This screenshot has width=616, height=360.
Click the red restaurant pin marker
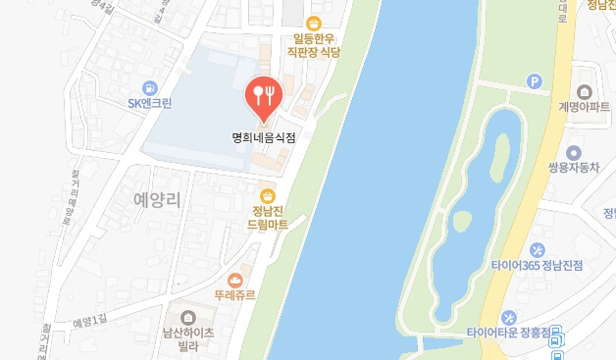262,95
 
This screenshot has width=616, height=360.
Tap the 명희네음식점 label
262,137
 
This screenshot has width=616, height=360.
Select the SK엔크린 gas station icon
149,86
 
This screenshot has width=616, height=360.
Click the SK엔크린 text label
149,104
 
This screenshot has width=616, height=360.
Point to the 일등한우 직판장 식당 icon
314,24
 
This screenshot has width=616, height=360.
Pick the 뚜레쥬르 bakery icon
234,280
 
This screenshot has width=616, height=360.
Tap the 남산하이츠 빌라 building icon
188,316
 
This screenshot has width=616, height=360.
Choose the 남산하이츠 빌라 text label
187,338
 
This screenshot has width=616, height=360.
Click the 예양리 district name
156,200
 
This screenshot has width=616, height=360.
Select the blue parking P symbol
536,82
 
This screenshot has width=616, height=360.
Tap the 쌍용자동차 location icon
574,152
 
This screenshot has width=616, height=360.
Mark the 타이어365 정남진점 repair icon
537,249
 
